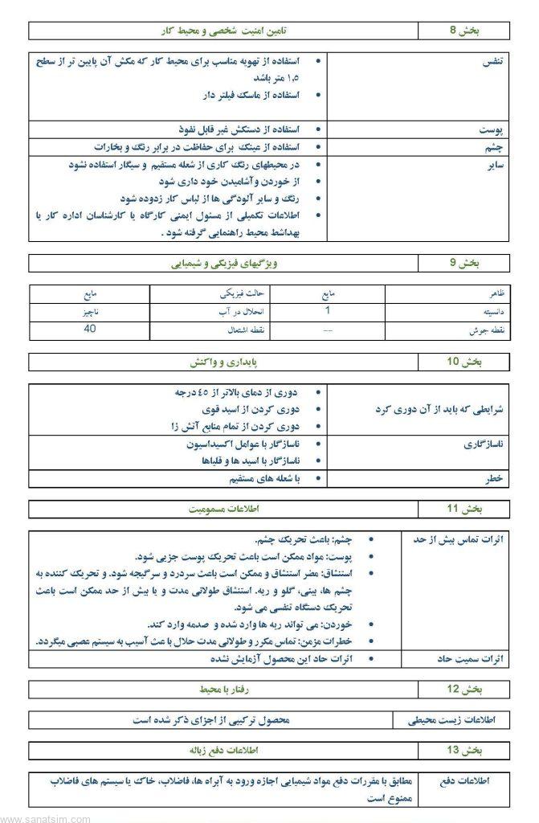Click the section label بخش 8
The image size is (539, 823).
click(x=463, y=31)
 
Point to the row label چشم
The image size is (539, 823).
click(x=499, y=147)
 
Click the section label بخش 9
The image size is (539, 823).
click(x=463, y=263)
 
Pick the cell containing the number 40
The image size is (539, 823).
click(x=90, y=329)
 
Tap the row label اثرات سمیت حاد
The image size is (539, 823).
click(x=471, y=658)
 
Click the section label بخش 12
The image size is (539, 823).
click(x=463, y=689)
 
